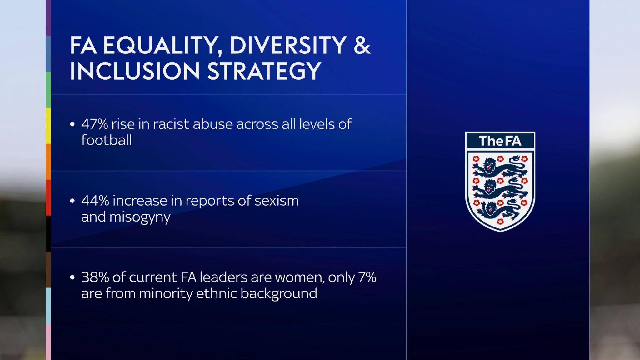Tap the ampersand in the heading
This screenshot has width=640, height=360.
click(x=362, y=46)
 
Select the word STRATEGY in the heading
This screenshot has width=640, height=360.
click(x=264, y=71)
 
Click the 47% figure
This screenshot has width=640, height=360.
click(x=94, y=124)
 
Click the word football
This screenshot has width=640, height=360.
click(x=106, y=140)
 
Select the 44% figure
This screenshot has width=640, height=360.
click(x=95, y=201)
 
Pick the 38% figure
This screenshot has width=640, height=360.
click(x=94, y=277)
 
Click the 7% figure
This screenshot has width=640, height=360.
click(x=367, y=277)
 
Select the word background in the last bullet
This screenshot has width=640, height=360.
click(x=279, y=294)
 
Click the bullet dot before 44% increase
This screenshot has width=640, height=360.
click(x=72, y=201)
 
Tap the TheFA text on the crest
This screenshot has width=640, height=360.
click(x=500, y=141)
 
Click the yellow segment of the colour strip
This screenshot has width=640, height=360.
click(x=48, y=126)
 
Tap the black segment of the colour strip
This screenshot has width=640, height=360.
click(x=48, y=233)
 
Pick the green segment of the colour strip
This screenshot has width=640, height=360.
click(x=48, y=90)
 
